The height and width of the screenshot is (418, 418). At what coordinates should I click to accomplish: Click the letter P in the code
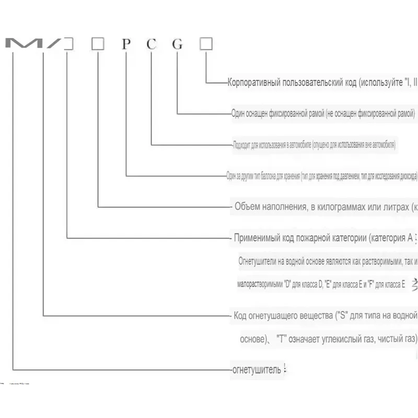point(125,44)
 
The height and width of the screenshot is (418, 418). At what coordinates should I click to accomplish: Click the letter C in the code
point(151,44)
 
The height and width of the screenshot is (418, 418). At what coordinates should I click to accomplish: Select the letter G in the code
point(178,44)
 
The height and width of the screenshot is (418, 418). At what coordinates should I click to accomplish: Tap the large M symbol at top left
point(20,44)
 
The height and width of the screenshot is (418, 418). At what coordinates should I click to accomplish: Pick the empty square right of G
point(206,44)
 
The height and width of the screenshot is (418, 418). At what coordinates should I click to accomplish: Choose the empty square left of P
point(98,44)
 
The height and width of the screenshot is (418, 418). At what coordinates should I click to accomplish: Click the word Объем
point(247,206)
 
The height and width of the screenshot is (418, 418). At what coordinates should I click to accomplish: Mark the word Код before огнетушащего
point(240,316)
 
